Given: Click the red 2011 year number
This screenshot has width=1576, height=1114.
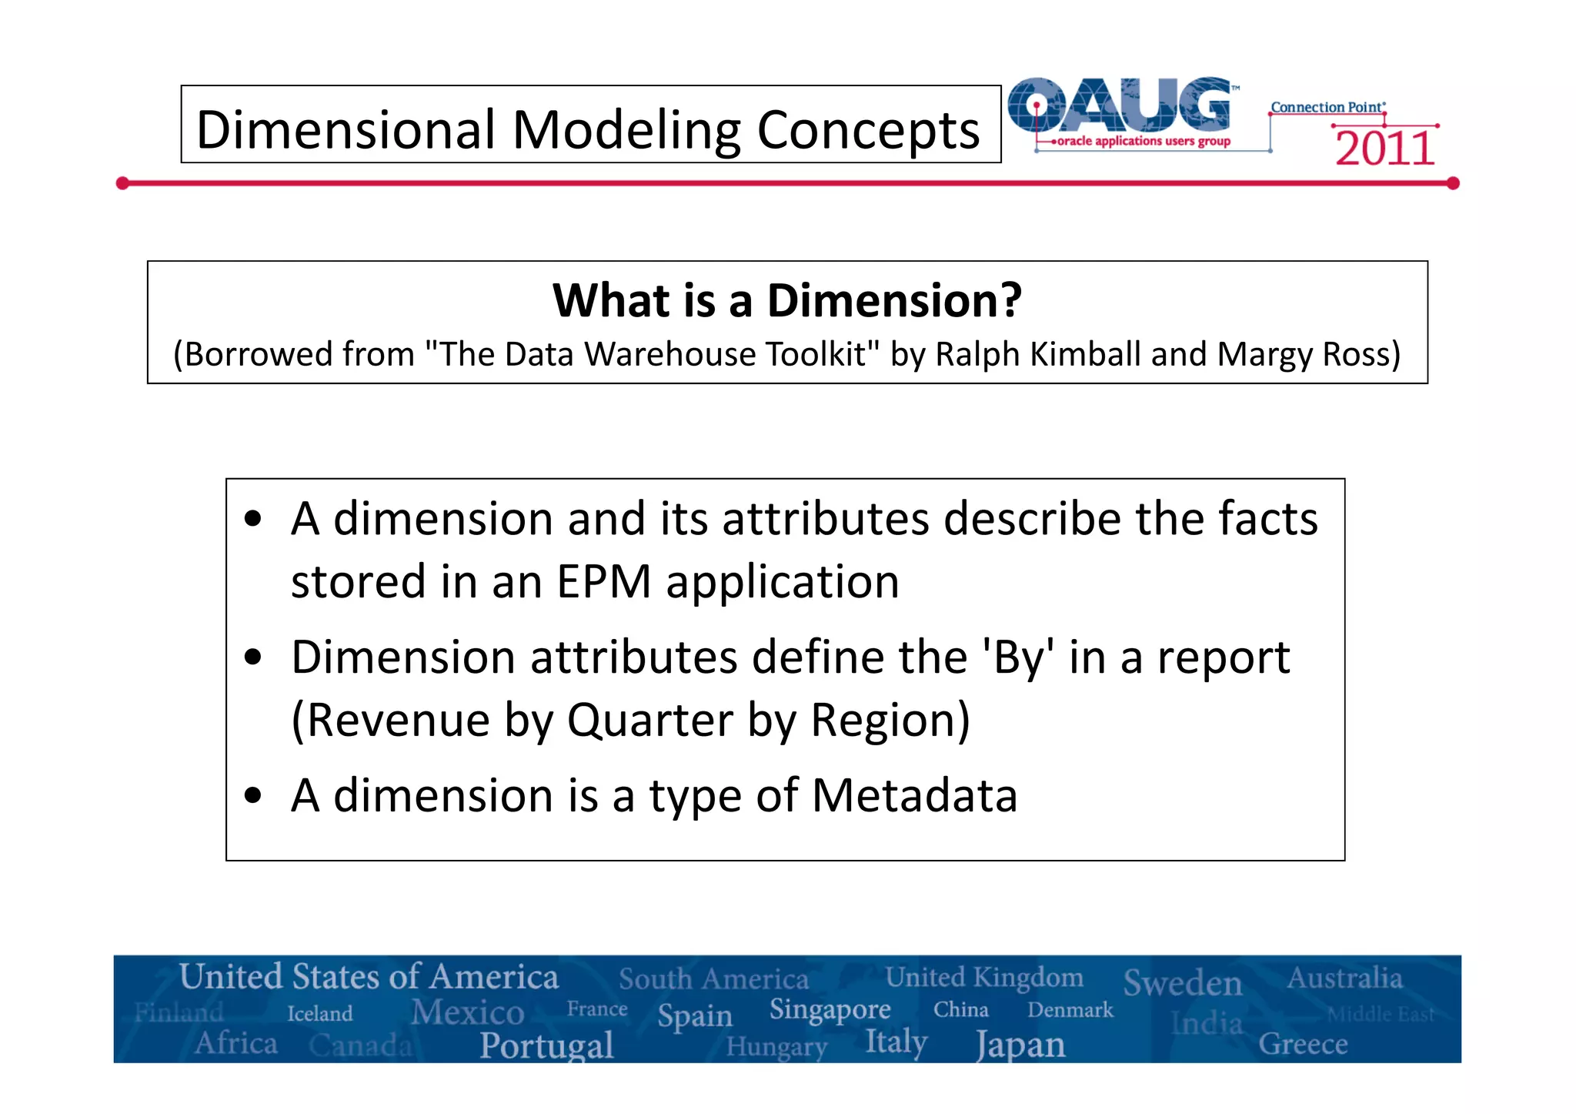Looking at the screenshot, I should point(1384,149).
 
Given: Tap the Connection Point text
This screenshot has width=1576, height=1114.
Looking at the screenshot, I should point(1327,107).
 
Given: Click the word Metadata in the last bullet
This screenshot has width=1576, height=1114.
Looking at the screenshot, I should point(914,795).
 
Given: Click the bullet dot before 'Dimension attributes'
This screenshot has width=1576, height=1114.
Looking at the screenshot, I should point(253,658).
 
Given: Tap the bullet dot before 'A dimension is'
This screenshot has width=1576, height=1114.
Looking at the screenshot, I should point(253,796).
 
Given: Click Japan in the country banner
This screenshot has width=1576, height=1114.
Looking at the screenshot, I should point(1020,1045).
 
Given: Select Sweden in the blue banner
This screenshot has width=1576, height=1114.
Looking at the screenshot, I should point(1182,983).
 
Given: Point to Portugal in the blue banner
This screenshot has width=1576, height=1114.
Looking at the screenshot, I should point(546,1045).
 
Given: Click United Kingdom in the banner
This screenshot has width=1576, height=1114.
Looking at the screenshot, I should point(983,977).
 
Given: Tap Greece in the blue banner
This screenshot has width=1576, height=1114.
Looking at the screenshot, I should point(1302,1044).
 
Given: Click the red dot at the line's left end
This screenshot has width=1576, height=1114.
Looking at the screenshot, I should point(122,183).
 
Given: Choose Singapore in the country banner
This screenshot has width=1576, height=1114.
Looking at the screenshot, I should point(830,1009).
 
